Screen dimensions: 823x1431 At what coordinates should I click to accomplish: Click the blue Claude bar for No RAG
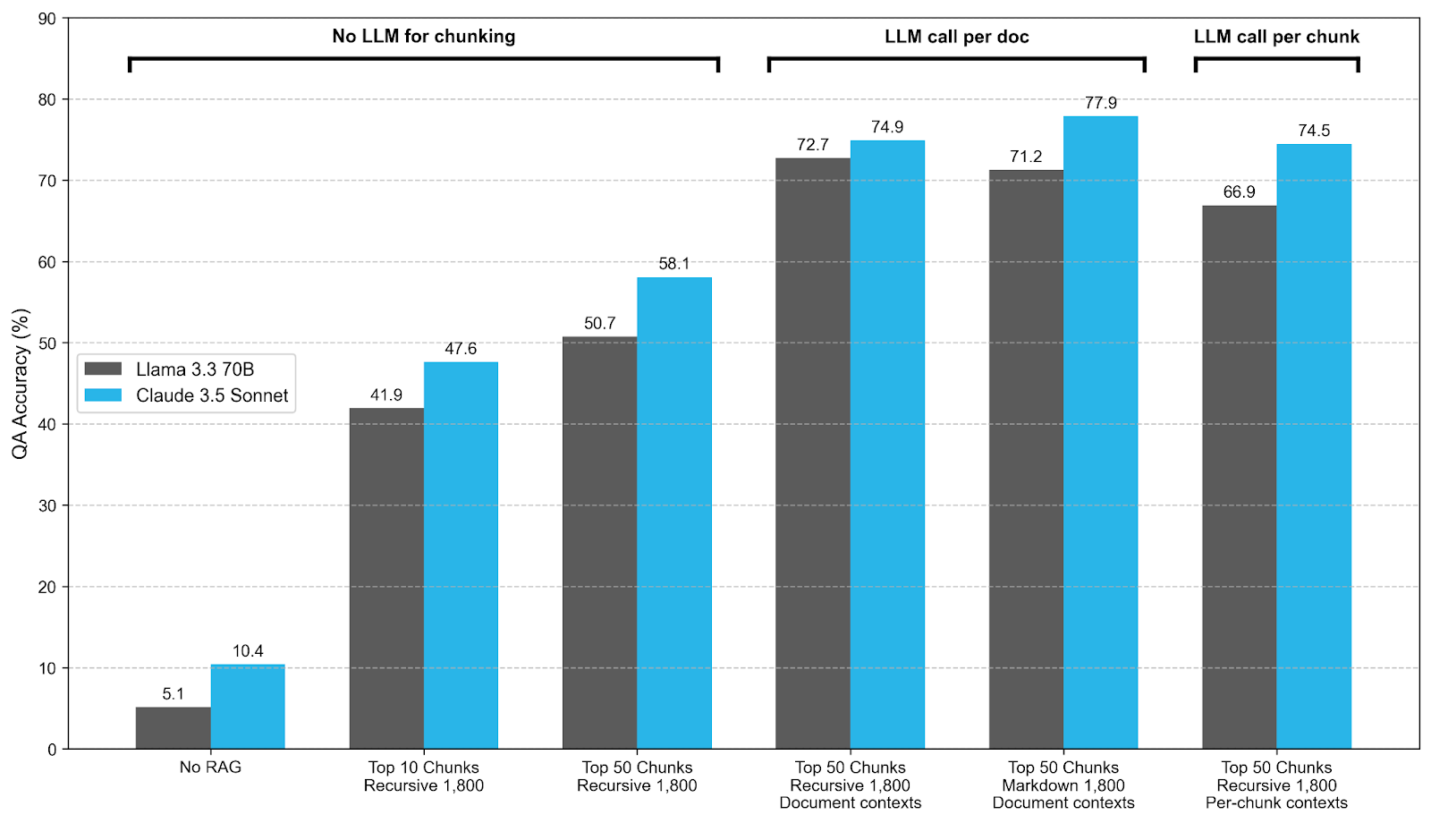[248, 707]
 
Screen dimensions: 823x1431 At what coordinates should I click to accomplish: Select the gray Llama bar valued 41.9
[386, 579]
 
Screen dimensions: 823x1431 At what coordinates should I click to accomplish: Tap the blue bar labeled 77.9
[1100, 432]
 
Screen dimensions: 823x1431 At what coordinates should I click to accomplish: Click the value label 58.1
[673, 264]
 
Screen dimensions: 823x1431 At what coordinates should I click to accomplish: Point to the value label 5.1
[173, 694]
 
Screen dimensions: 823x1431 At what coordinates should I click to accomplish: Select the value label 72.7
[812, 145]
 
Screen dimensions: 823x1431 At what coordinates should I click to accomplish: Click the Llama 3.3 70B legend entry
[194, 369]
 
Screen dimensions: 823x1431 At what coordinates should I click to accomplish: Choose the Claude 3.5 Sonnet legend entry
[211, 395]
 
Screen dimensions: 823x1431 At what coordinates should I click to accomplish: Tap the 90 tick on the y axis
[47, 19]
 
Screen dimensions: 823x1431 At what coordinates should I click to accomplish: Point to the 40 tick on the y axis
[47, 425]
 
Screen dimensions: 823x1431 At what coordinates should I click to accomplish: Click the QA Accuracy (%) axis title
[20, 384]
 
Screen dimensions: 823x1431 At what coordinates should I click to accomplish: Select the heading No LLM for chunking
[423, 37]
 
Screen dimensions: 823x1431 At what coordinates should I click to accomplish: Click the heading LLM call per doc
[956, 37]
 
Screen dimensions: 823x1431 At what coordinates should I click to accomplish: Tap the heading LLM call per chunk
[1276, 37]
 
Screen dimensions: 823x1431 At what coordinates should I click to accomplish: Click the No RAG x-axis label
[210, 768]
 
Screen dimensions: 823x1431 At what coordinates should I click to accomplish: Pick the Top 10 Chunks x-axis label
[423, 768]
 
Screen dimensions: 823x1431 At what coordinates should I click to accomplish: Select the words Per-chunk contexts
[1276, 802]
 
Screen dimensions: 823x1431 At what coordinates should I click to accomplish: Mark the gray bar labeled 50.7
[599, 542]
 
